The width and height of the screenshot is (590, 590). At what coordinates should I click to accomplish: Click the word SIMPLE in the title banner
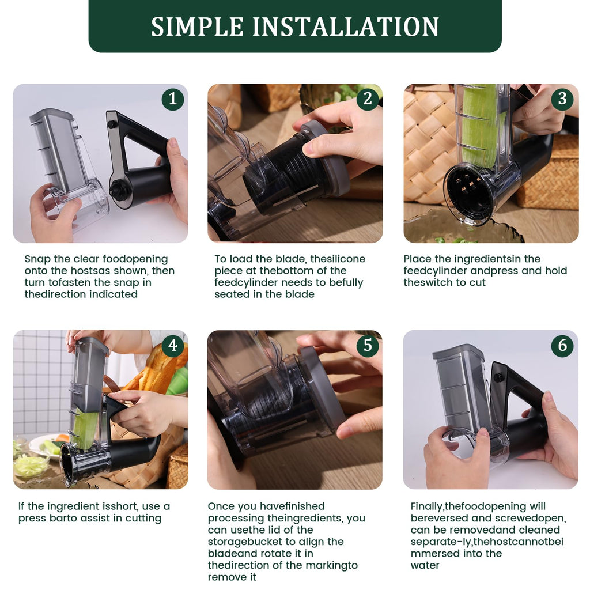197,27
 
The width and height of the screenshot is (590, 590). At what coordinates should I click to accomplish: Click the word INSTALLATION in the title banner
346,27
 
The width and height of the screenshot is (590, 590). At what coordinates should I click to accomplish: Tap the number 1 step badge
172,99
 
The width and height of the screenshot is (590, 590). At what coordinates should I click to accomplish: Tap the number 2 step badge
368,99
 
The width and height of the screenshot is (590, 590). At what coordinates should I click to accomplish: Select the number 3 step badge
562,99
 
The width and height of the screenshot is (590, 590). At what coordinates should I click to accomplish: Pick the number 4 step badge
172,346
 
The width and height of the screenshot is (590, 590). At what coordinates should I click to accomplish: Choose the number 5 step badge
368,346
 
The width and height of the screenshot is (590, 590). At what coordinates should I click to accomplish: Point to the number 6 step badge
562,346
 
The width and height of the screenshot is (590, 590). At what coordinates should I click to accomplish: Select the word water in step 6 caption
425,565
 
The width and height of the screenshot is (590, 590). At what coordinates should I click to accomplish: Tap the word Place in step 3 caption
417,259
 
